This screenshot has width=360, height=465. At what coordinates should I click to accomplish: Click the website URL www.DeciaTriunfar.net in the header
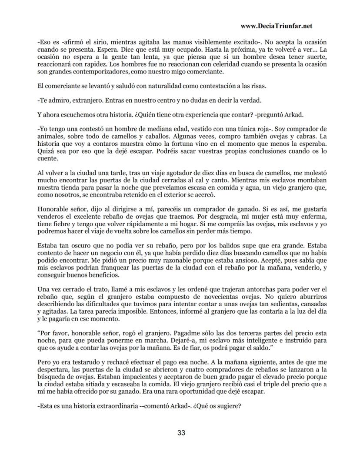277,26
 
